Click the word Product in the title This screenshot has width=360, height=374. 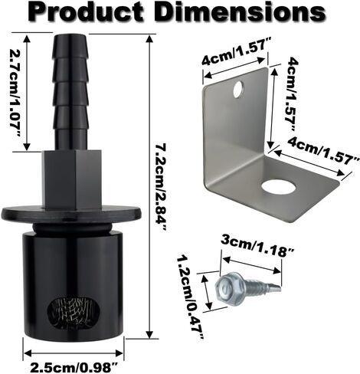pyautogui.click(x=85, y=12)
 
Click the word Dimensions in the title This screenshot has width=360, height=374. pyautogui.click(x=238, y=12)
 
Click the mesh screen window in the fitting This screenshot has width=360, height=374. pyautogui.click(x=74, y=312)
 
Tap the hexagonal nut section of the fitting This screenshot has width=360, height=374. pyautogui.click(x=72, y=180)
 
